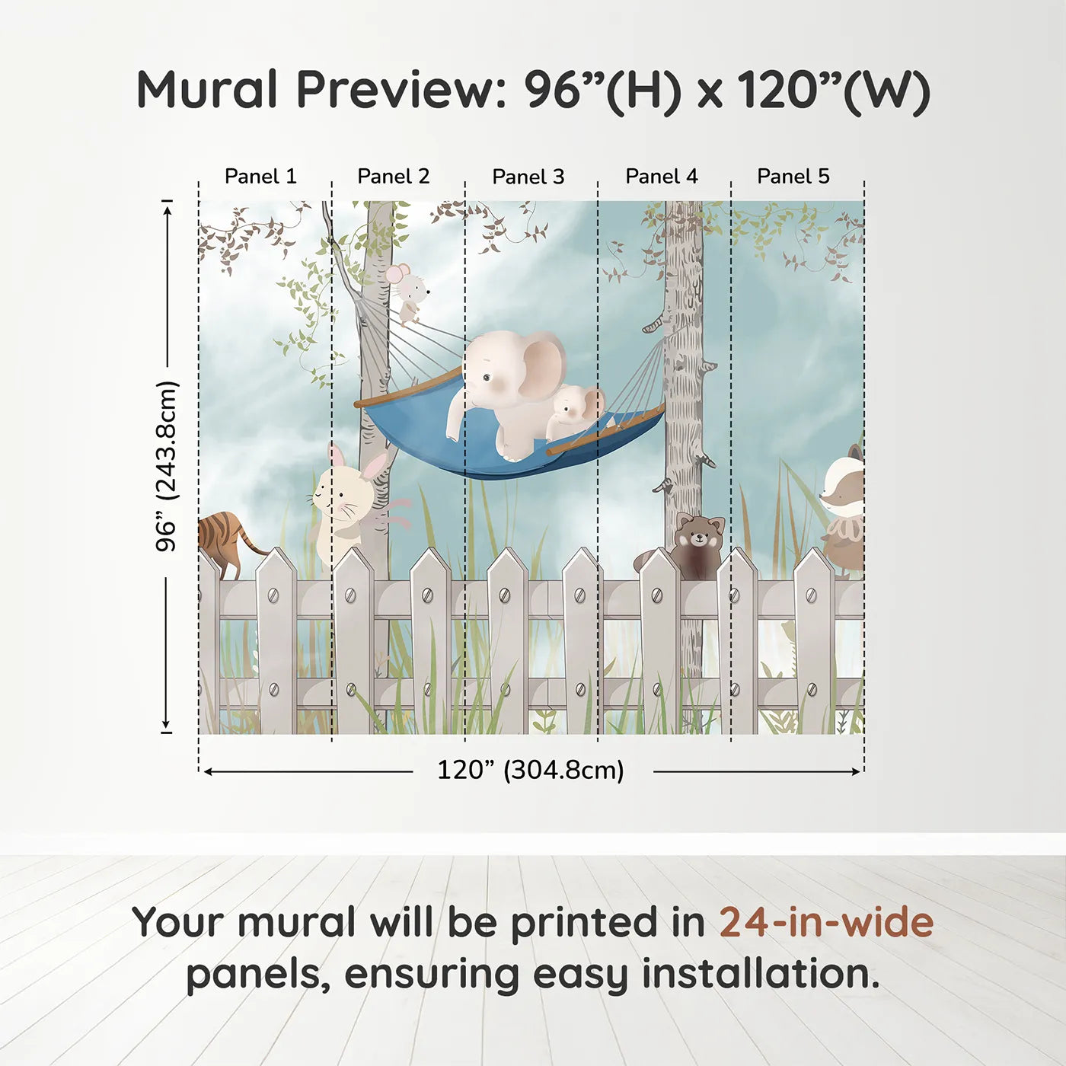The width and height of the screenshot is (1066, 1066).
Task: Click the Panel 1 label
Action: tap(260, 177)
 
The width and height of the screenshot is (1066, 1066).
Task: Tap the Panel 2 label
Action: tap(394, 177)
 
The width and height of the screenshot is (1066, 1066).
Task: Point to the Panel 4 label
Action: tap(662, 177)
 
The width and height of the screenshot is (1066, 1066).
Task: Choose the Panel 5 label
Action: tap(793, 177)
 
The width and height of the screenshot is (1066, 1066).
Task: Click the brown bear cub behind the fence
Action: tap(697, 544)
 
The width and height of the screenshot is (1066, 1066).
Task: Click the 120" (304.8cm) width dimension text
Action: tap(531, 771)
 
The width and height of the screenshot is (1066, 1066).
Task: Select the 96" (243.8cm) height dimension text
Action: tap(167, 466)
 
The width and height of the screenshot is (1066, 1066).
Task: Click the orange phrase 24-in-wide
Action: tap(826, 923)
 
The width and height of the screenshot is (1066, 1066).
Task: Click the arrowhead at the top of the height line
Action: tap(167, 207)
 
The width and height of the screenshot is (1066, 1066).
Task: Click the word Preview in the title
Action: tap(397, 90)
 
